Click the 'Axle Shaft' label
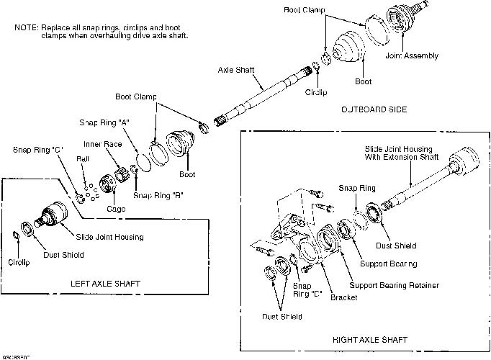click(x=237, y=70)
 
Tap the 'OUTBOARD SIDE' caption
click(x=373, y=109)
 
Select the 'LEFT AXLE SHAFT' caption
click(x=107, y=283)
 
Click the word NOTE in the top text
click(x=26, y=27)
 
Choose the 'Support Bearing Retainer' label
click(x=393, y=285)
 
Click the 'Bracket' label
click(x=343, y=297)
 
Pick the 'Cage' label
click(x=116, y=208)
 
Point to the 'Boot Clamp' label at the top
click(x=305, y=10)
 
